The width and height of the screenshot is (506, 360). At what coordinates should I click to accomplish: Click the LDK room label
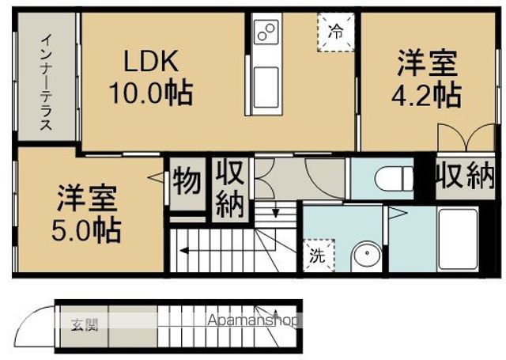coord(151,61)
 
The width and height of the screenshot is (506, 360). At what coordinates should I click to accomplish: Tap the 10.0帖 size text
coord(151,93)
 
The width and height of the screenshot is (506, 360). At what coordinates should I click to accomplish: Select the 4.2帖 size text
coord(426,95)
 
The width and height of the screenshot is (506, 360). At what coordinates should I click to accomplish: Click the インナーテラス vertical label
coord(46,82)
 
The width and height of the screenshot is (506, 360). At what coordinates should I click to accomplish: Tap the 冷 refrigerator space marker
coord(335,32)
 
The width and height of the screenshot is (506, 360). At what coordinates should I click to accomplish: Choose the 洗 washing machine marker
coord(318,255)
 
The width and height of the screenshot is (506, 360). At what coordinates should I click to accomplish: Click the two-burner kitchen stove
coord(266,32)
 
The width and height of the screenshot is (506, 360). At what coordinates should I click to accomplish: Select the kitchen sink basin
coord(266,88)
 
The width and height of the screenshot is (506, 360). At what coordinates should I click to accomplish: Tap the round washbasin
coord(367,254)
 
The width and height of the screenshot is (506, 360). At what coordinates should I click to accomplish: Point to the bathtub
coord(458,239)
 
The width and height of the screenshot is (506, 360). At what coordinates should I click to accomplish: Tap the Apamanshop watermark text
coord(253,320)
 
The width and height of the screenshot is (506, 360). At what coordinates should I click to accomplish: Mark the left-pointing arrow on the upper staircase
coord(228,250)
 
